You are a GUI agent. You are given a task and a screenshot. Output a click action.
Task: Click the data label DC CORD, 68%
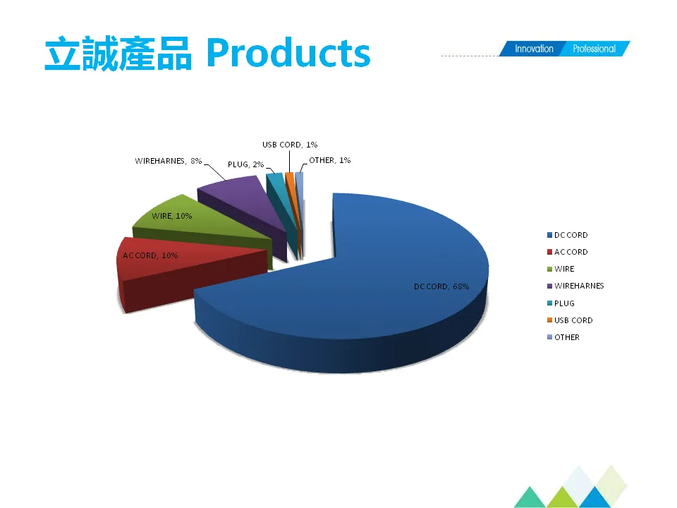pos(441,286)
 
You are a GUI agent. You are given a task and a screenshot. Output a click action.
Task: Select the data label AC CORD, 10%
pos(150,255)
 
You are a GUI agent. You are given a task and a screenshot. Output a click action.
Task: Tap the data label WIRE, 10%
pos(172,216)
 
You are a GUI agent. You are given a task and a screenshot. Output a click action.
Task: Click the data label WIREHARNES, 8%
pos(169,161)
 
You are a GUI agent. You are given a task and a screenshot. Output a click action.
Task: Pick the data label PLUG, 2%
pos(245,164)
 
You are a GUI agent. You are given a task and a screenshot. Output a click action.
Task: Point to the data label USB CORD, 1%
pos(290,145)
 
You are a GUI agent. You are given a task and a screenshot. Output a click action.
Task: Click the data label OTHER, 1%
pos(329,160)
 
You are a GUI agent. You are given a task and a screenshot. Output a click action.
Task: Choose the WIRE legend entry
pos(563,269)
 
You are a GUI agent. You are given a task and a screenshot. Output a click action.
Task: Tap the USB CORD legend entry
pos(573,320)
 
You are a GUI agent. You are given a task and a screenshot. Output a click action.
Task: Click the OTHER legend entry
pos(566,337)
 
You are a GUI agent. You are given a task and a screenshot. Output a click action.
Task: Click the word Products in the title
pos(289,54)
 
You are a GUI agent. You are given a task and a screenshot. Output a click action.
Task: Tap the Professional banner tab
pos(594,49)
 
